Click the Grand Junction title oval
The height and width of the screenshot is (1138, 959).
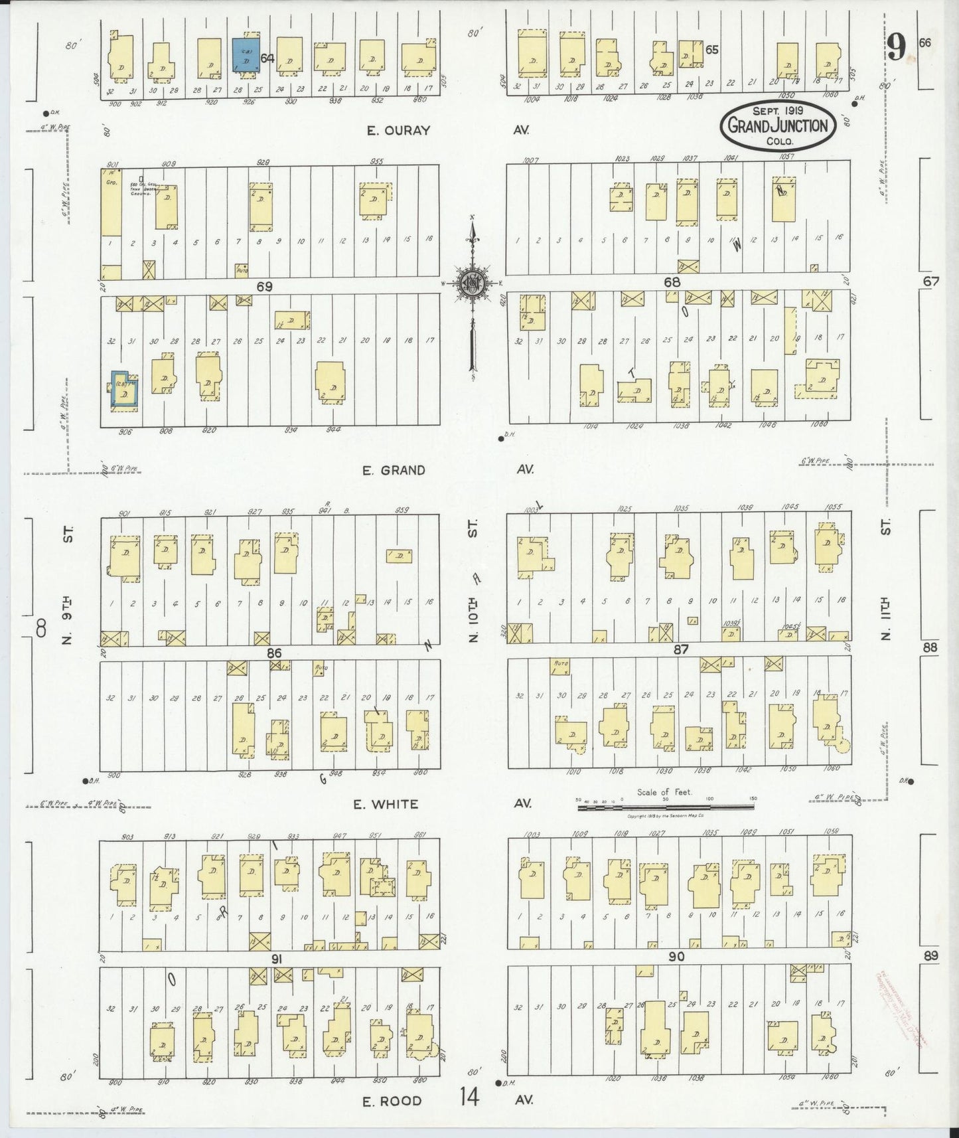778,125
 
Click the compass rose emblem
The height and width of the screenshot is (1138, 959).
473,282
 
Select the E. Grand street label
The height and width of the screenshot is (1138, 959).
394,470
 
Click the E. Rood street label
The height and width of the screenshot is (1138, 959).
392,1101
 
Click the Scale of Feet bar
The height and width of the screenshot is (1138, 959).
666,806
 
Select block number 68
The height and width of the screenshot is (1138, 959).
672,282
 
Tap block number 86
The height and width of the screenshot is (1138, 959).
274,653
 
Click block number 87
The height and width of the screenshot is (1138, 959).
680,649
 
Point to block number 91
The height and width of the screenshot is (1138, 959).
277,959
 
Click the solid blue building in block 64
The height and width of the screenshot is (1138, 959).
245,54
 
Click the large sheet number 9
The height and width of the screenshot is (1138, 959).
897,48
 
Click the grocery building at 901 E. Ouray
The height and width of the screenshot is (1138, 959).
111,202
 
